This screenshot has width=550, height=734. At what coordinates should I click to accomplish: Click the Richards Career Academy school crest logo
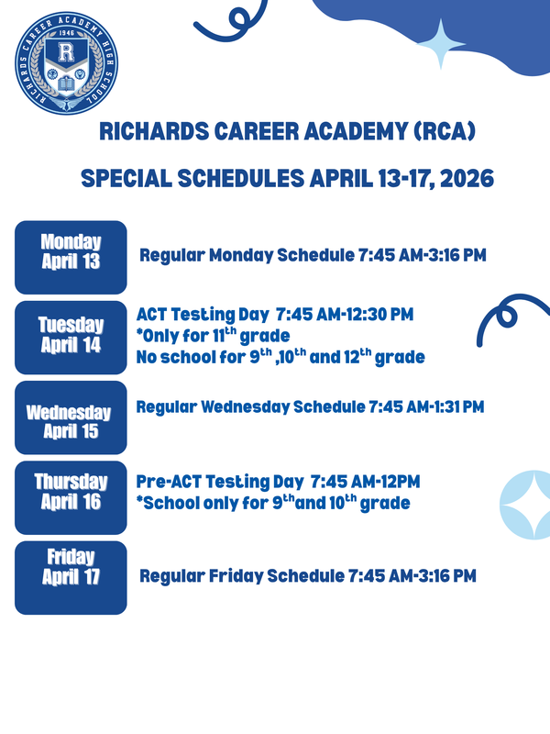point(63,63)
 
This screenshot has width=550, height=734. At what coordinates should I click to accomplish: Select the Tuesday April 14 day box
point(71,337)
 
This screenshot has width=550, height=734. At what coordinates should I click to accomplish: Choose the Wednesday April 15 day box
point(71,418)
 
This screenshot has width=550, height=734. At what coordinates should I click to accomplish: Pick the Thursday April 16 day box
point(71,497)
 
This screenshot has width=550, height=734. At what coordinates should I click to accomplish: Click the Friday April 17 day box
point(71,577)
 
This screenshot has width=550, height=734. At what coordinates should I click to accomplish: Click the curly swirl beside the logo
point(224,23)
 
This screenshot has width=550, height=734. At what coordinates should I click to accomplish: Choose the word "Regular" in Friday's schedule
point(171,576)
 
